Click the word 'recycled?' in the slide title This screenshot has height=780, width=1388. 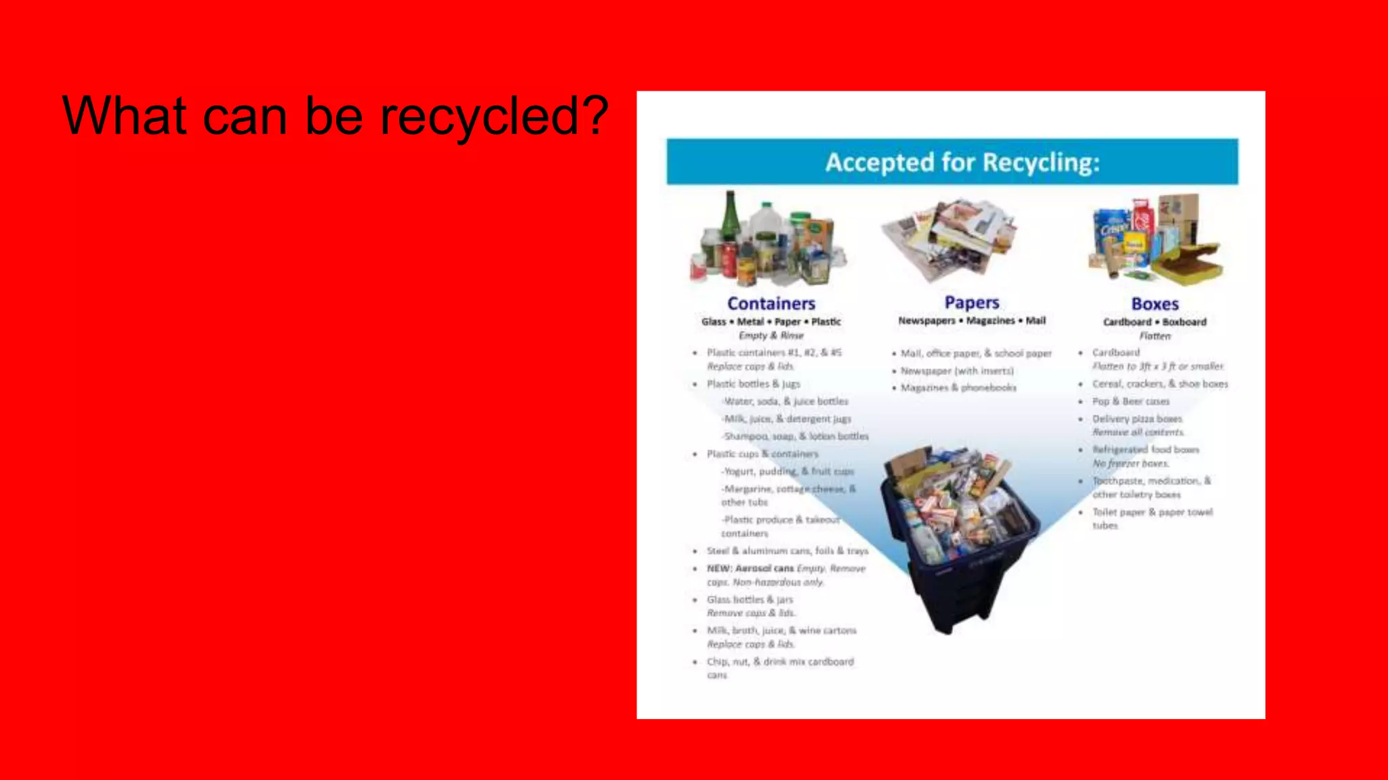click(493, 116)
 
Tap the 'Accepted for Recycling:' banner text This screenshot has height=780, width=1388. click(962, 162)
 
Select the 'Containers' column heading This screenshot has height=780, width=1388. click(771, 303)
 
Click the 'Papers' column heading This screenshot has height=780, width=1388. click(972, 302)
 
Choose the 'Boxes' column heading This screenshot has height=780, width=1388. click(1155, 304)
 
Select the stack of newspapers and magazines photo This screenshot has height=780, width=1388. click(949, 240)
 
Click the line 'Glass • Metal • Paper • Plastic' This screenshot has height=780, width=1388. click(771, 322)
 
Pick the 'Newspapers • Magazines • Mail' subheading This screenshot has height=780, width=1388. click(972, 320)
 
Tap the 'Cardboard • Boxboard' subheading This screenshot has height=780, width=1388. click(1155, 322)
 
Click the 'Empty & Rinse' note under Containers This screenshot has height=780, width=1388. click(771, 335)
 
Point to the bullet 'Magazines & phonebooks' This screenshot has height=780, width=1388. click(958, 387)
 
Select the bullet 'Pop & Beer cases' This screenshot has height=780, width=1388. click(1130, 402)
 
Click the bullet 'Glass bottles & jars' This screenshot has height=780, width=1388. click(750, 599)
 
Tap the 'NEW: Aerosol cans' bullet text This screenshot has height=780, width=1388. click(750, 568)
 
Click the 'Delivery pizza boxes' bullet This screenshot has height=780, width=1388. click(1137, 419)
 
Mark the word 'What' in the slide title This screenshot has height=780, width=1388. click(124, 116)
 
